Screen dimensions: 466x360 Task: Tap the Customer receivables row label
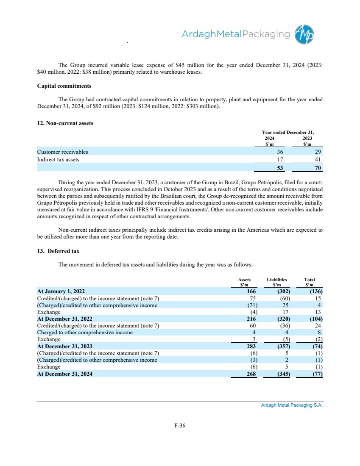(63, 151)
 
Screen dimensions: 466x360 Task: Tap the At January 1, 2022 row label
(61, 291)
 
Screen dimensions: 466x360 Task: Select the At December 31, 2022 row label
(64, 319)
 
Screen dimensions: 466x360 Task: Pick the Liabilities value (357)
(282, 346)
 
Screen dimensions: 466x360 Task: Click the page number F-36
(180, 426)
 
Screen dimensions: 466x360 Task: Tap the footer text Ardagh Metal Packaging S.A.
(292, 405)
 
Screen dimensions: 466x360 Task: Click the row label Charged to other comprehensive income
(85, 333)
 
